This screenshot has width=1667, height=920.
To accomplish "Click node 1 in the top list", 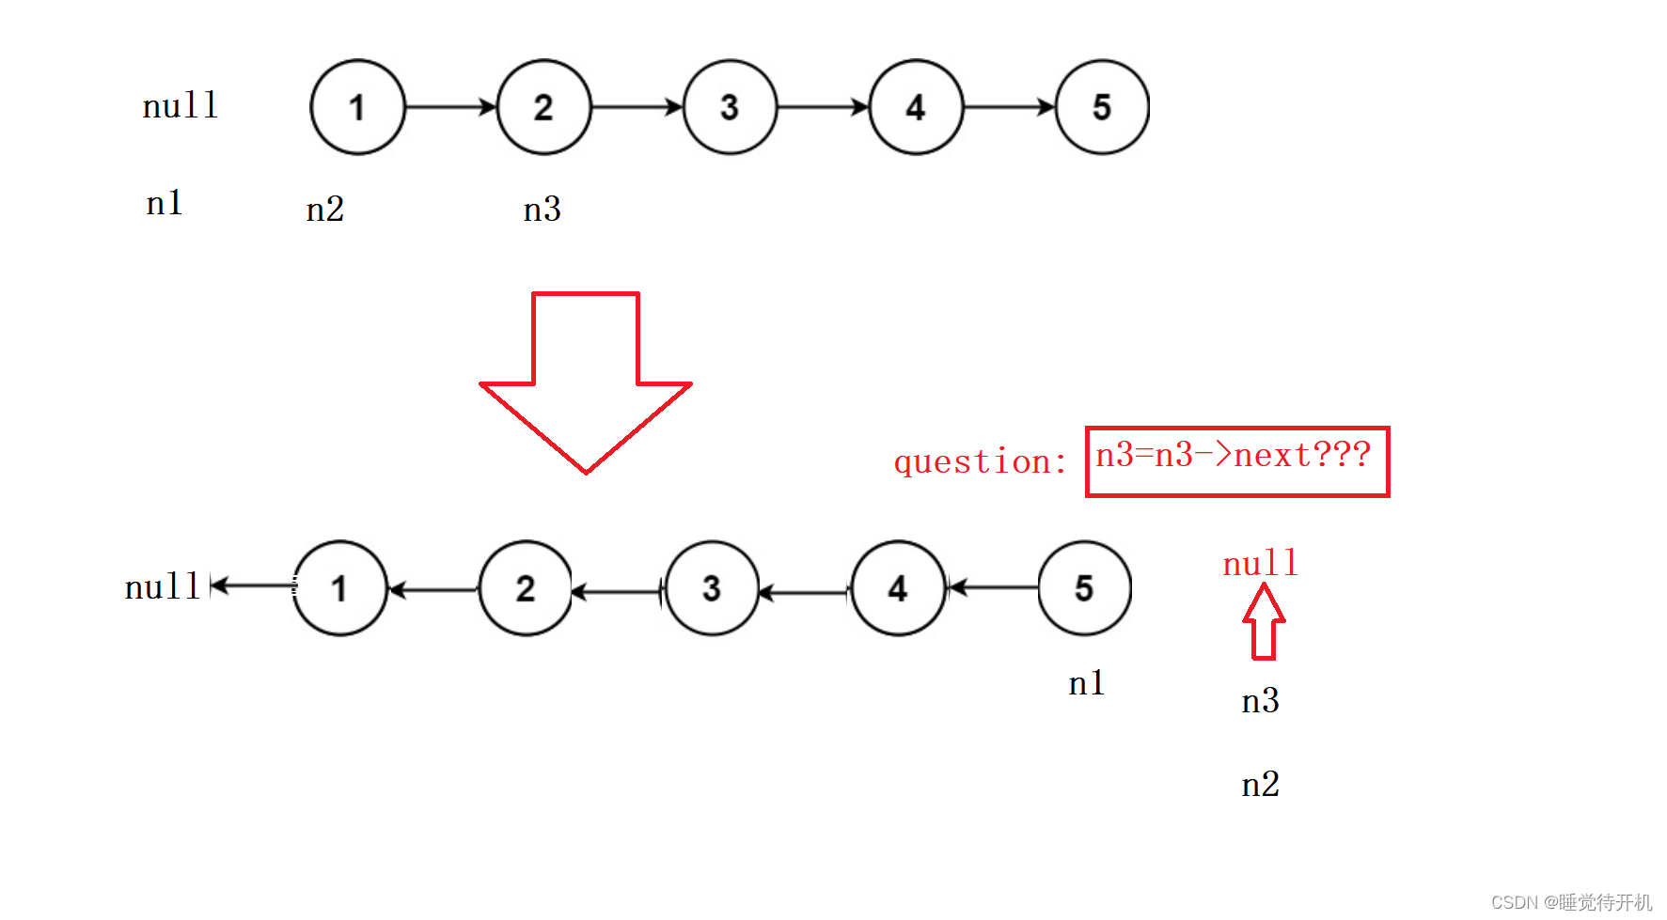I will click(357, 107).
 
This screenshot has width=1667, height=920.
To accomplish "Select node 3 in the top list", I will click(730, 107).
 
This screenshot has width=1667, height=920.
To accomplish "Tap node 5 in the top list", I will click(1102, 107).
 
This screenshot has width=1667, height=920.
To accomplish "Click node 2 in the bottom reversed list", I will click(526, 588).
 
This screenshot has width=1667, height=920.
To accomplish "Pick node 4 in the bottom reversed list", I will click(898, 588).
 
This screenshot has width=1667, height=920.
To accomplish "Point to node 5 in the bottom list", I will click(1084, 588).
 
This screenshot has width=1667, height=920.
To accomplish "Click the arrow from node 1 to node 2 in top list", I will click(450, 107).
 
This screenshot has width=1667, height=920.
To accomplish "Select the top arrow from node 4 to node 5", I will click(1009, 107).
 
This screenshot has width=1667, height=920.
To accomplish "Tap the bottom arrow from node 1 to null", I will click(252, 586).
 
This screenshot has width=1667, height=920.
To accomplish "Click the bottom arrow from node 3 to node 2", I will click(618, 592).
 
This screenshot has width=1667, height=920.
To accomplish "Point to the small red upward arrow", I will click(1264, 621).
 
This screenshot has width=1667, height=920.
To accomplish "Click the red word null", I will click(1260, 564).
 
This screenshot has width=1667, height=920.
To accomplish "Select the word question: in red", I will click(980, 461).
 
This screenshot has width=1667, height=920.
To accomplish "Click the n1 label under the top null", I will click(165, 203).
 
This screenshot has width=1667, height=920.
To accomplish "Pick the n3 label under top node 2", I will click(542, 209).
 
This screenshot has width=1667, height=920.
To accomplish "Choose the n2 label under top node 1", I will click(325, 209).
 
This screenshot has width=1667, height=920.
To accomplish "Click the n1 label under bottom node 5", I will click(1087, 683).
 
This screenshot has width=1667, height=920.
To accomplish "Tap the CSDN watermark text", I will click(1570, 902).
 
